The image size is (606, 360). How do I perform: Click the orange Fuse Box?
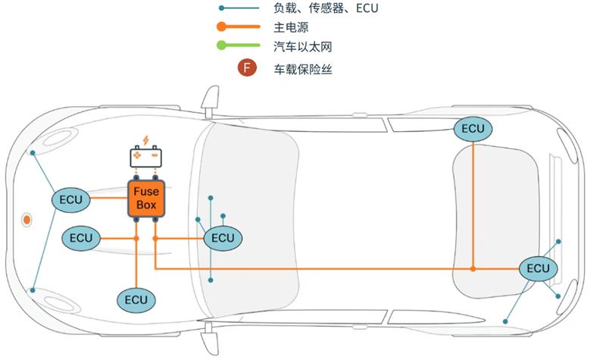click(x=146, y=198)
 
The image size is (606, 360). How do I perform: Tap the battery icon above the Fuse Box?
click(x=145, y=158)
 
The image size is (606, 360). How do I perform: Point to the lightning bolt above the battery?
click(x=145, y=140)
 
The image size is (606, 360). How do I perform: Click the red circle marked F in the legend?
click(x=247, y=68)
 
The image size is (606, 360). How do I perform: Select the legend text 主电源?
click(x=291, y=27)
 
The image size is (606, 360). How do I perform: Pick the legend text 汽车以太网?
click(x=302, y=47)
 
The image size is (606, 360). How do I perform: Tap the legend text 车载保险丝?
click(x=303, y=69)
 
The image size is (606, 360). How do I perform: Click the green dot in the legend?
click(x=221, y=45)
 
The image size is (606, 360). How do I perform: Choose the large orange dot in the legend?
click(x=221, y=27)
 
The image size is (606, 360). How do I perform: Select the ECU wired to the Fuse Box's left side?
click(x=71, y=199)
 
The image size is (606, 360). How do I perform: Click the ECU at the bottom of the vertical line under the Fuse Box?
click(x=136, y=300)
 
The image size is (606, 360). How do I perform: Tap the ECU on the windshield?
click(x=223, y=238)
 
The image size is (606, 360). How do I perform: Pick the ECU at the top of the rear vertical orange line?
click(x=473, y=129)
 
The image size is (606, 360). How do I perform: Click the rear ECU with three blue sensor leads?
click(x=538, y=268)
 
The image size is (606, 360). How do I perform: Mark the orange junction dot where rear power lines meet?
click(x=473, y=269)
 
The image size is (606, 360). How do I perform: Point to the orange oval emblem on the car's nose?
click(x=27, y=220)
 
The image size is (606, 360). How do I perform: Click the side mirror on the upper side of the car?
click(x=211, y=102)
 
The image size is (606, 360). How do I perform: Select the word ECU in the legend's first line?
click(x=367, y=8)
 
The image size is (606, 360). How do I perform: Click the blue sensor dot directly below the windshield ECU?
click(x=211, y=280)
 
